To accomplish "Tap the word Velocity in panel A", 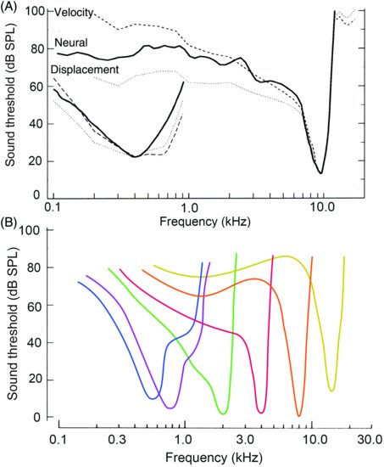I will pos(75,14).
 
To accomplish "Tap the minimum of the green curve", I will pos(223,414).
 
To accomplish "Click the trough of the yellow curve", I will pos(331,391).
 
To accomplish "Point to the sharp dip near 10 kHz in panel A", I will pos(320,172).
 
